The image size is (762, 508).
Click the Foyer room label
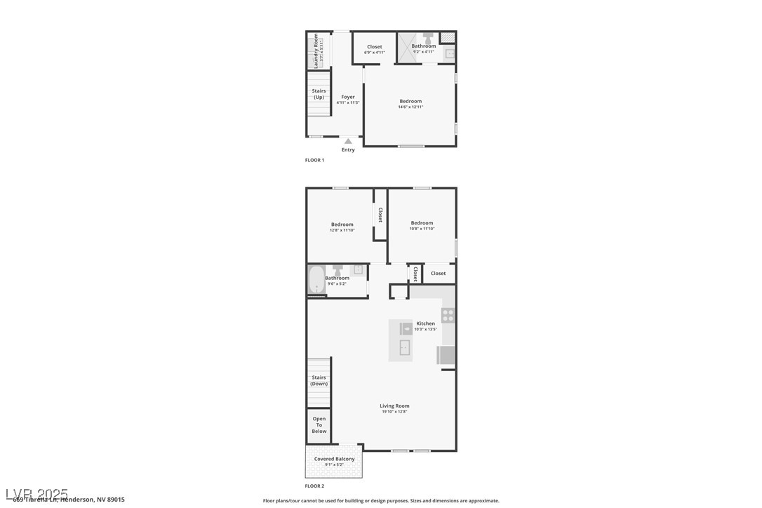pyautogui.click(x=348, y=98)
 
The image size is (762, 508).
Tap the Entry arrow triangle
pyautogui.click(x=348, y=141)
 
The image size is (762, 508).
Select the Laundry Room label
pyautogui.click(x=316, y=51)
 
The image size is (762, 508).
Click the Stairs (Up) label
pyautogui.click(x=319, y=93)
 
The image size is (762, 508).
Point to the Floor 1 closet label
pyautogui.click(x=375, y=47)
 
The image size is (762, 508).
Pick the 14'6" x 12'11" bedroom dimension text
pyautogui.click(x=410, y=107)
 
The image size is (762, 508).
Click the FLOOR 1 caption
pyautogui.click(x=314, y=160)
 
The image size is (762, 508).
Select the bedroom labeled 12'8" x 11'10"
pyautogui.click(x=342, y=225)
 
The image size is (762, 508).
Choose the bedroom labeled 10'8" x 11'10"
pyautogui.click(x=422, y=223)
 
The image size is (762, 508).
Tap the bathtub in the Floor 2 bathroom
pyautogui.click(x=316, y=281)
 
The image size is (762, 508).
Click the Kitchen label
pyautogui.click(x=425, y=323)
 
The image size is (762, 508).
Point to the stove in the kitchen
pyautogui.click(x=448, y=315)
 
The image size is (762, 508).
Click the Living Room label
pyautogui.click(x=394, y=406)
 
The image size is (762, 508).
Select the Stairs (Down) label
pyautogui.click(x=319, y=380)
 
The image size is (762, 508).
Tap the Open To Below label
pyautogui.click(x=319, y=425)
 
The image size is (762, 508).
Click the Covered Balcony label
pyautogui.click(x=334, y=459)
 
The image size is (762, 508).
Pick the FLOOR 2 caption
pyautogui.click(x=314, y=486)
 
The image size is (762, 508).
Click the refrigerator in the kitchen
pyautogui.click(x=446, y=355)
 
